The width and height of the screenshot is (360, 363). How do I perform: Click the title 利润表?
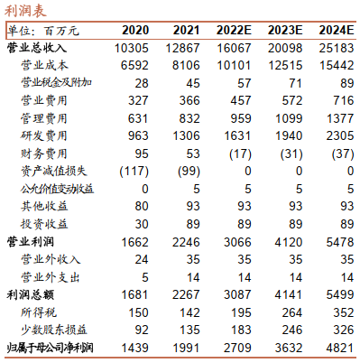click(25, 11)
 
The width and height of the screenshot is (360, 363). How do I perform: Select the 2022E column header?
click(234, 31)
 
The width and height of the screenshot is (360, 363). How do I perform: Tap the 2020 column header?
click(135, 31)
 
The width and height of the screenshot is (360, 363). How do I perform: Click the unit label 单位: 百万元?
click(43, 31)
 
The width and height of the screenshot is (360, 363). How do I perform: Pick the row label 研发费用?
click(44, 135)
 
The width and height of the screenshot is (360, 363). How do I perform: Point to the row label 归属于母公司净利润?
click(50, 348)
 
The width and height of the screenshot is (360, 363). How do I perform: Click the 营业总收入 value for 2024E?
click(337, 48)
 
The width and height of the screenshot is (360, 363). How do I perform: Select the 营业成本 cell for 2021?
click(186, 66)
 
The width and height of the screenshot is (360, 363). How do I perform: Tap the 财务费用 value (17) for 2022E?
click(240, 154)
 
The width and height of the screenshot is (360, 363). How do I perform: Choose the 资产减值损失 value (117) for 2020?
click(134, 172)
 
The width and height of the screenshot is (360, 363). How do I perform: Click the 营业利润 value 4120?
click(289, 242)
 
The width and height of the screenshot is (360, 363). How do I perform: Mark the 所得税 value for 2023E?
click(292, 312)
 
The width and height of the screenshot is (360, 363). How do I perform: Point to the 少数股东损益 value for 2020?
click(142, 330)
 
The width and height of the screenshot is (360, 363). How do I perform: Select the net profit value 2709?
click(237, 348)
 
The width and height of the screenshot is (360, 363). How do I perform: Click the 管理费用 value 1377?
click(340, 118)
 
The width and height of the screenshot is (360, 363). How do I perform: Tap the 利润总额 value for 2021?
click(186, 295)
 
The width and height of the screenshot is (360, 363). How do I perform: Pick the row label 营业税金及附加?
click(56, 83)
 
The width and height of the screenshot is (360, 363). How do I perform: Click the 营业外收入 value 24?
click(142, 260)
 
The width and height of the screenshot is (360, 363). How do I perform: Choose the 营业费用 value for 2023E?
click(292, 101)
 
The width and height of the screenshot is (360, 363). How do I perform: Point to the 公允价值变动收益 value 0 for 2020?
click(145, 189)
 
